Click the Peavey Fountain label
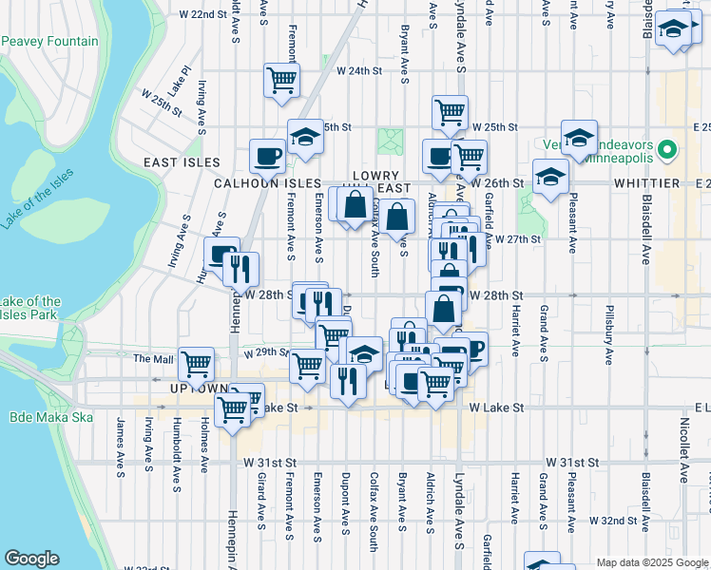[x=51, y=41]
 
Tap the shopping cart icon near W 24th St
[x=282, y=82]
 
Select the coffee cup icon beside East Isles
[x=267, y=155]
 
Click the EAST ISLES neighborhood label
[x=176, y=162]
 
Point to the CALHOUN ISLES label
[x=256, y=182]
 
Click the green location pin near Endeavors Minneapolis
[x=667, y=150]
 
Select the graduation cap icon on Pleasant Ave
[x=578, y=138]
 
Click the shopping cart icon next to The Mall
[x=196, y=363]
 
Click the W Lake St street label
[x=496, y=408]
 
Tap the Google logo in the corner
[x=32, y=559]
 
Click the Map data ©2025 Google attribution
[x=652, y=562]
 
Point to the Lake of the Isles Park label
[x=30, y=308]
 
